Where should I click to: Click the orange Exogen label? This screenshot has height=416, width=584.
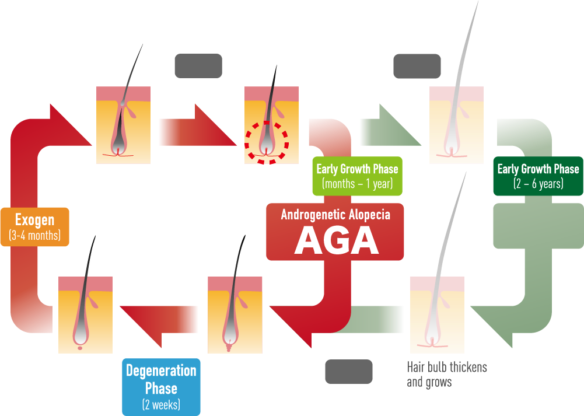pos(35,227)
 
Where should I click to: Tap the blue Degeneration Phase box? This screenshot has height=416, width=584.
pos(161,387)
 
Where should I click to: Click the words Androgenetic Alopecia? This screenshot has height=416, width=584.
pos(335,215)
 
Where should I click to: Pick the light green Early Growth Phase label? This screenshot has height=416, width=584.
pos(358,176)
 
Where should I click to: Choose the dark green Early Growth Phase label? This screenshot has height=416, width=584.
pos(538,176)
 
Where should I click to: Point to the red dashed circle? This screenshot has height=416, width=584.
pos(267,142)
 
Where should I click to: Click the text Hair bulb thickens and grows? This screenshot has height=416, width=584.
pos(446,375)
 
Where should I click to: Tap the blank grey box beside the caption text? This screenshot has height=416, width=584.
pos(349,371)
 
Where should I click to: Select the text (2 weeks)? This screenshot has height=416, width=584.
pos(161,404)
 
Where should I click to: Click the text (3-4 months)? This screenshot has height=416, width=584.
pos(34,235)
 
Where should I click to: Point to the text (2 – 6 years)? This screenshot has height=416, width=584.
pos(538,184)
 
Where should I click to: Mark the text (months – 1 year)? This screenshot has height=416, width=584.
pos(358,184)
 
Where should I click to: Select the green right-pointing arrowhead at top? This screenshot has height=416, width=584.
pos(391,125)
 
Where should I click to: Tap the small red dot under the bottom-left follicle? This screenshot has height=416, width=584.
pos(80,348)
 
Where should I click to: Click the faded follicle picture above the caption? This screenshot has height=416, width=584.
pos(437,314)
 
